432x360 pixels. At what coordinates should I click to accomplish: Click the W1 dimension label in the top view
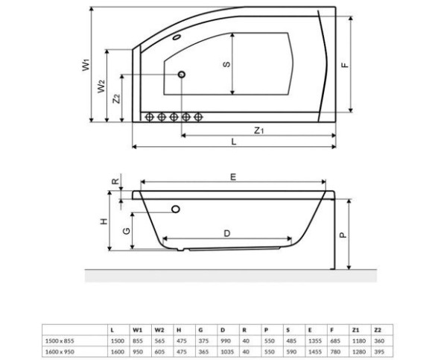point(86,65)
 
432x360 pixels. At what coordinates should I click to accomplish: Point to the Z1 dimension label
point(258,130)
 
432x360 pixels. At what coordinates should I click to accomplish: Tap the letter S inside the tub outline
point(226,64)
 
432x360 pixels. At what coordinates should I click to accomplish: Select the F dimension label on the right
point(345,65)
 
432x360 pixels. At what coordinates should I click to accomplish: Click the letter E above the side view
point(233,177)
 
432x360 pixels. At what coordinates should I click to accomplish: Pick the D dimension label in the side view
point(226,233)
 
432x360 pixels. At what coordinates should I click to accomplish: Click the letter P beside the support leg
point(343,235)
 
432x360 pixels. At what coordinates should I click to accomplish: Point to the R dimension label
point(115,181)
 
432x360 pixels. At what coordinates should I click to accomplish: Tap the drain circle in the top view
point(182,75)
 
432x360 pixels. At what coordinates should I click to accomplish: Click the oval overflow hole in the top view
point(177,37)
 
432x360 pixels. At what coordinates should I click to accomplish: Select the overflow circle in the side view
point(176,209)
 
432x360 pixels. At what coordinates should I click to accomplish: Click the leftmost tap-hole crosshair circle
point(149,117)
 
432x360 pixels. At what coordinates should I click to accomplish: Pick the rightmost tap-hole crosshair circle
point(198,117)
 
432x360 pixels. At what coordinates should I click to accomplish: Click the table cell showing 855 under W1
point(138,341)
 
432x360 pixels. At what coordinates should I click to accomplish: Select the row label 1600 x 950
point(60,352)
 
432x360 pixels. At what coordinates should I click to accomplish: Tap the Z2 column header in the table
point(378,330)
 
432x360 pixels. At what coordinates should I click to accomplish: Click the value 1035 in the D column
point(227,352)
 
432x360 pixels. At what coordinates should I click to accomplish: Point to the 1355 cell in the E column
point(315,341)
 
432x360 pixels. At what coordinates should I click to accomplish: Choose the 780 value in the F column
point(335,352)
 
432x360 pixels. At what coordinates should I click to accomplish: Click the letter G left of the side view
point(126,231)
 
